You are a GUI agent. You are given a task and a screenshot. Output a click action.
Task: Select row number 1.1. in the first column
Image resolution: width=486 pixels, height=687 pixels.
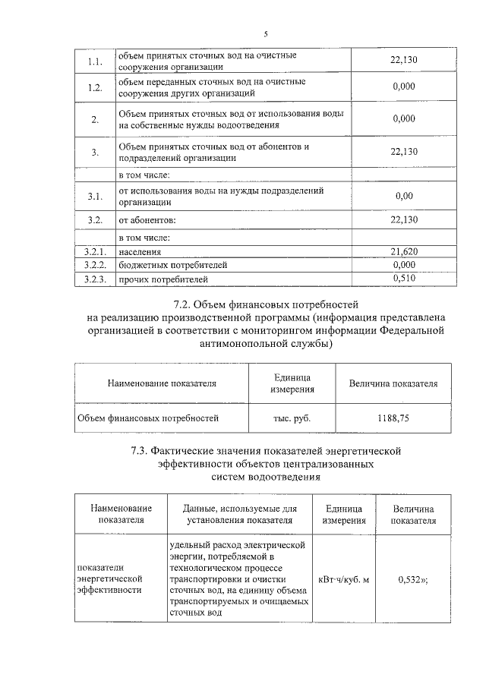point(95,61)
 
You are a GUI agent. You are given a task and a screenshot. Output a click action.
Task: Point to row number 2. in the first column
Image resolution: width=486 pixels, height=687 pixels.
point(95,119)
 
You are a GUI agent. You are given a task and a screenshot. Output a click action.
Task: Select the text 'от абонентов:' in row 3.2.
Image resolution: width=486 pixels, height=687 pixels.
point(147,220)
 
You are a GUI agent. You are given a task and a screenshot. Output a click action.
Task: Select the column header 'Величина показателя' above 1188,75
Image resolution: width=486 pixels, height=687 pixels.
point(393,384)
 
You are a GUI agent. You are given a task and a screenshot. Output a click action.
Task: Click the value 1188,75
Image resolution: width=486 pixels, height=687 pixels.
point(393,418)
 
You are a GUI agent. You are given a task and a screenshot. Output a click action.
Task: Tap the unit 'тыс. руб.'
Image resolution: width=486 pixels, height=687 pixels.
point(292,418)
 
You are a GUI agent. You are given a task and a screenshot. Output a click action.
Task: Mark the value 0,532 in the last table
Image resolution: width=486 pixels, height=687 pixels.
point(411,580)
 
